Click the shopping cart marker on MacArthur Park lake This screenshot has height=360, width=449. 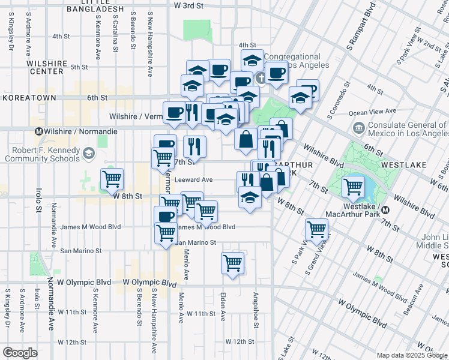point(353,187)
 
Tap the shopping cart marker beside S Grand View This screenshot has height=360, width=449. point(316,229)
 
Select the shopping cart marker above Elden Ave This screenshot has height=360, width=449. point(232,262)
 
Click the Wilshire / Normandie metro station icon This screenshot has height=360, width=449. point(39,131)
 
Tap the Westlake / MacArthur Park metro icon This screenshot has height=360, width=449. point(386,210)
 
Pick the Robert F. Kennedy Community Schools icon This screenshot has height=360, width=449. point(89,154)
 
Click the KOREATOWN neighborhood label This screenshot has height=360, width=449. point(29,98)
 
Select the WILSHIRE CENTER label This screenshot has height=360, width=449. point(46,67)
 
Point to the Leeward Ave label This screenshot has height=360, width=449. point(194,179)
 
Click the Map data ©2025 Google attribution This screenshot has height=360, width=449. point(412,355)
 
